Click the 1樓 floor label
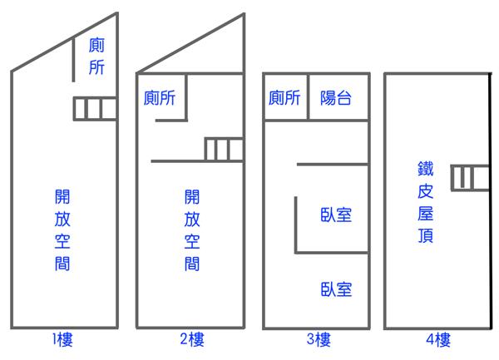point(62,340)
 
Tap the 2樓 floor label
point(192,339)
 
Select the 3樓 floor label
point(319,339)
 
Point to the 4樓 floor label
point(438,340)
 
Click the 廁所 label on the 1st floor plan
point(96,56)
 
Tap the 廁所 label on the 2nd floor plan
point(160,97)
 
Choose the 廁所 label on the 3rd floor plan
point(284,97)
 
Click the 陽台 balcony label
point(336,97)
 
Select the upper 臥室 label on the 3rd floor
point(336,215)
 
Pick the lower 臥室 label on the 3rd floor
point(336,289)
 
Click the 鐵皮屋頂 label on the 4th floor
point(426,202)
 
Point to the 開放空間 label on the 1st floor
point(62,230)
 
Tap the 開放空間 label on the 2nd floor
point(192,230)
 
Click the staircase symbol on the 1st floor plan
point(95,109)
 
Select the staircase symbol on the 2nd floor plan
point(224,150)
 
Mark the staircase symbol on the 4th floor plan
point(470,178)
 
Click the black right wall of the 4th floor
point(491,201)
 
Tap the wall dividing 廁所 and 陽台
point(308,97)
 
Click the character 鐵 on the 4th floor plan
point(426,169)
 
